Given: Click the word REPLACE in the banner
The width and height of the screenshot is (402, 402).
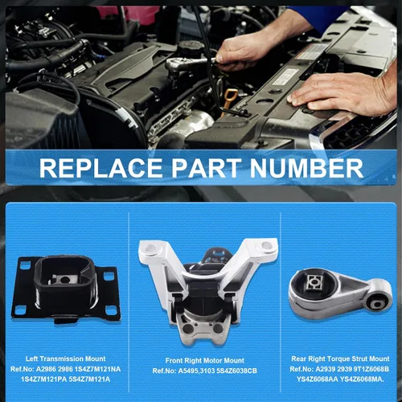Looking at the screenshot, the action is [x=100, y=168].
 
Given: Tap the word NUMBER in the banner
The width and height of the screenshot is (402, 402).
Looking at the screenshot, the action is [x=306, y=168].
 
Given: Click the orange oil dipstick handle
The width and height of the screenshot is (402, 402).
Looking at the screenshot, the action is [x=231, y=100].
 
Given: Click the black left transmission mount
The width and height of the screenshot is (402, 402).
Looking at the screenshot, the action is [x=66, y=289].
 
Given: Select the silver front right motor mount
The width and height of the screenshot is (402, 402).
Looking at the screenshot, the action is [x=208, y=291].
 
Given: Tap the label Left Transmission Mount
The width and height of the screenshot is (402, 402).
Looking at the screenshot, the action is [x=66, y=359].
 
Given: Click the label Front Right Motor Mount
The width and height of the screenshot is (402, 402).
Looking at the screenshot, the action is [x=205, y=360].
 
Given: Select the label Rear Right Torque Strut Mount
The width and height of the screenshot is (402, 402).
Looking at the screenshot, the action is [x=340, y=359].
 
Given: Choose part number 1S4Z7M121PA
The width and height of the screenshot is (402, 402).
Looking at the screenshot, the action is [x=42, y=379].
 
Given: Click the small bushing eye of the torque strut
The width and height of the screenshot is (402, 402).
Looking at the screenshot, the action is [x=378, y=304].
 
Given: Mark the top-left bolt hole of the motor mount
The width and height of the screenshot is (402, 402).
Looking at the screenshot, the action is [x=150, y=248].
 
